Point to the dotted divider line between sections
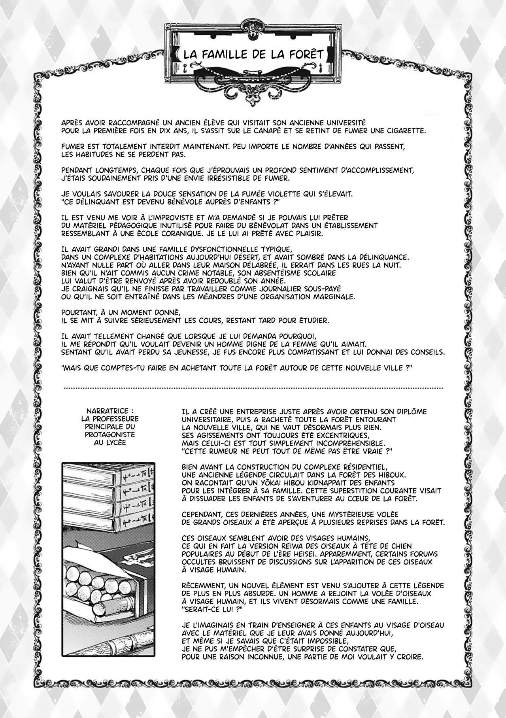pos(253,388)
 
